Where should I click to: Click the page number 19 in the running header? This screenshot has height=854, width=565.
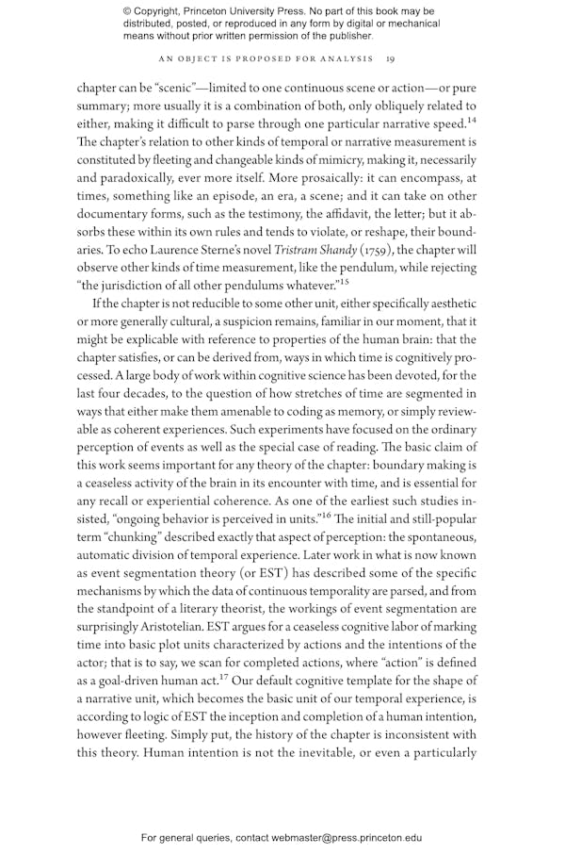point(390,58)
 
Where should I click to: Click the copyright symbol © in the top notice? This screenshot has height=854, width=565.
point(127,12)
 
